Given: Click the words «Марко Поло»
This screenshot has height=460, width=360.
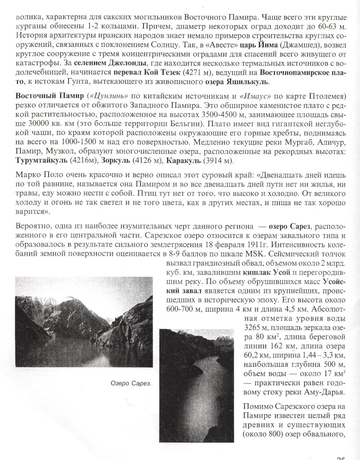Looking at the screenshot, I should (34, 175).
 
